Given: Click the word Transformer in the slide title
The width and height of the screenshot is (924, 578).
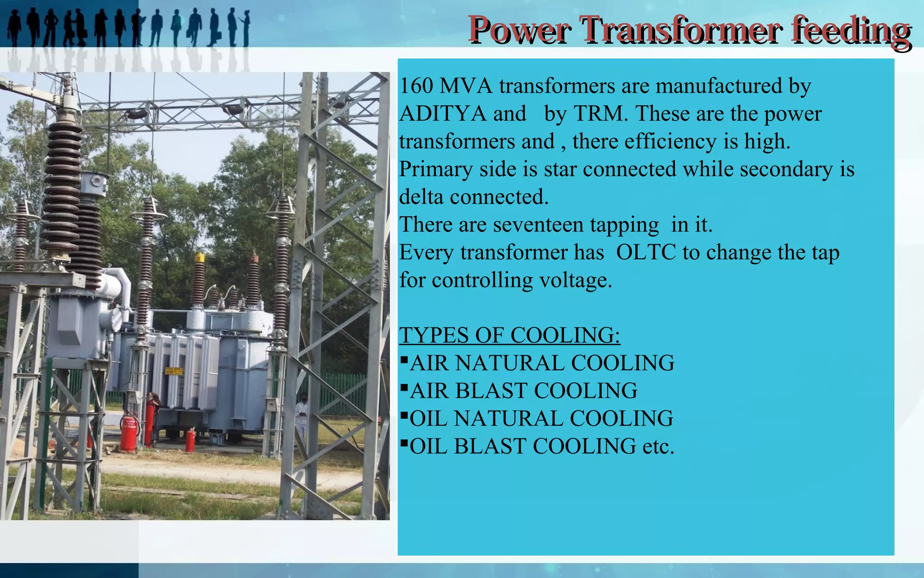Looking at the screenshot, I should click(x=681, y=30).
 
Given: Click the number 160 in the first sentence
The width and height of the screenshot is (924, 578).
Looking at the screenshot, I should click(x=416, y=86).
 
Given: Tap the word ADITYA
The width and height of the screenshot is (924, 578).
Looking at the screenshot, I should click(x=462, y=113).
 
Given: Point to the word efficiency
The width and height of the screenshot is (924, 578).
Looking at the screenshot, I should click(x=670, y=141).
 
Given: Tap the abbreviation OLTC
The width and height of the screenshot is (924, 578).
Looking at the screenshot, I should click(x=646, y=252).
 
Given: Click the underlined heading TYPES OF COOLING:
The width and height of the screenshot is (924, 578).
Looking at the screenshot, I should click(x=510, y=336).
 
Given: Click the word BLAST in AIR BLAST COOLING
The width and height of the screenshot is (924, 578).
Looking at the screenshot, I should click(x=491, y=391).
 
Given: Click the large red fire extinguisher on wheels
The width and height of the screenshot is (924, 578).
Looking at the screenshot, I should click(x=129, y=433).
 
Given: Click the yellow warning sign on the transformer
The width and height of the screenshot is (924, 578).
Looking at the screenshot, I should click(x=174, y=371).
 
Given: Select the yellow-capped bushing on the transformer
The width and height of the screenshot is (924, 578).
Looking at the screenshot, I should click(x=199, y=280).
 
